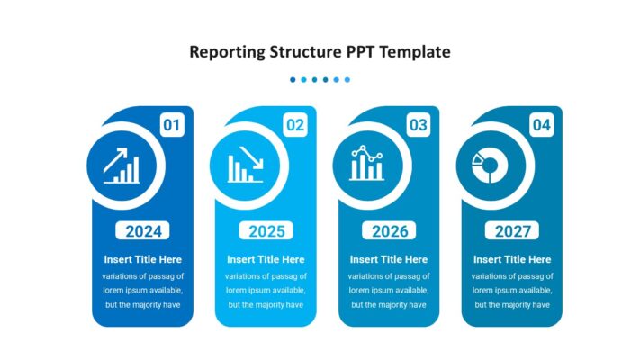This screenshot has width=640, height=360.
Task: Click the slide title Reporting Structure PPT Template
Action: tap(320, 52)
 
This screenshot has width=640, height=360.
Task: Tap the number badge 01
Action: tap(172, 125)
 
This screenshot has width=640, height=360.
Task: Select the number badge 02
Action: tap(295, 125)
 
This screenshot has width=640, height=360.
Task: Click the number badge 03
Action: tap(418, 125)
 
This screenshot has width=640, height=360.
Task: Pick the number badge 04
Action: tap(541, 125)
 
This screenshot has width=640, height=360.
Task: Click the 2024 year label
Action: tap(143, 231)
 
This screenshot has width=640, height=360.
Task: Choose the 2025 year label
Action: tap(266, 231)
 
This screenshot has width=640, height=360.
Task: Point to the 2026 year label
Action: tap(390, 231)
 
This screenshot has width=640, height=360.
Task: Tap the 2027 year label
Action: tap(513, 231)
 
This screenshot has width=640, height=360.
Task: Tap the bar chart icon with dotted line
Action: tap(367, 165)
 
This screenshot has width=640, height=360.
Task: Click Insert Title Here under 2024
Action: tap(143, 259)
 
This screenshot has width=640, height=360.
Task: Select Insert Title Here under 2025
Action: tap(266, 259)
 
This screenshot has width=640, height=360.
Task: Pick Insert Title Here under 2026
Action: tap(390, 259)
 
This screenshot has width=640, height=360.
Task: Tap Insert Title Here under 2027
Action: tap(512, 259)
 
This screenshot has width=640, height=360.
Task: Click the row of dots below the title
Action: tap(320, 80)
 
